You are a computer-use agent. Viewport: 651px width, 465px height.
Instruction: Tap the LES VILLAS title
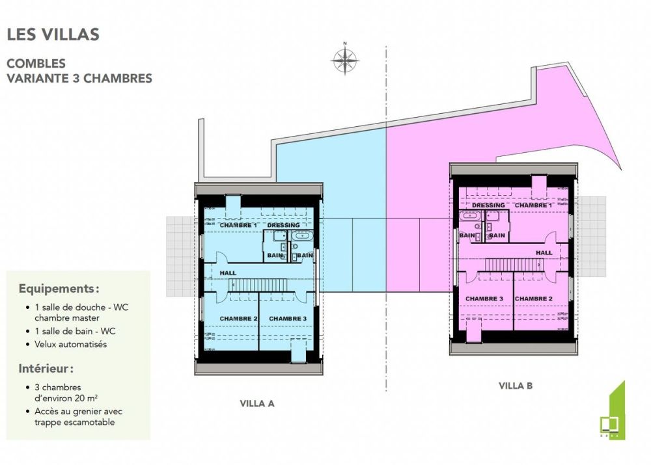point(53,34)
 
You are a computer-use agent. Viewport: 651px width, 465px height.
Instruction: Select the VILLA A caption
point(257,403)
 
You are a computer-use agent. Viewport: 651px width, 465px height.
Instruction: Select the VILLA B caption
point(516,386)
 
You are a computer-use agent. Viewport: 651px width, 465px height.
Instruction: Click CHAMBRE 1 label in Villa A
point(238,225)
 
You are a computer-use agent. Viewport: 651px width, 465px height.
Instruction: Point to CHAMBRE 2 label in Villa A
point(238,318)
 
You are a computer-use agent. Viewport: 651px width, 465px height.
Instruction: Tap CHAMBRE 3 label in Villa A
point(288,318)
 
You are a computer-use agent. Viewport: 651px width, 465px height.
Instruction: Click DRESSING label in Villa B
point(488,206)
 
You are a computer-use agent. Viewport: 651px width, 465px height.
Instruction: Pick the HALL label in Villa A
point(228,273)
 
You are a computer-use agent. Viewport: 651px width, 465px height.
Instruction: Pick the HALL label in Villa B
point(544,252)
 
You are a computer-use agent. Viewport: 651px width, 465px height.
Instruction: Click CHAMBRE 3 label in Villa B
point(484,299)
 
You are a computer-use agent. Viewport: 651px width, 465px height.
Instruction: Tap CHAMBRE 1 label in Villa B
point(534,206)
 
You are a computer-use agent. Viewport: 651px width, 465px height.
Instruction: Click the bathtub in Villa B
point(469,216)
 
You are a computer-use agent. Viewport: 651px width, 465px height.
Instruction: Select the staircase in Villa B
point(512,264)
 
